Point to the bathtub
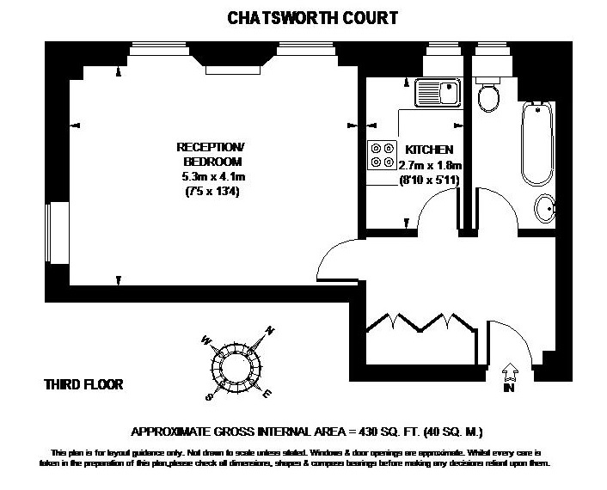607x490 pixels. [536, 141]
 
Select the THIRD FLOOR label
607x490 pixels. [83, 384]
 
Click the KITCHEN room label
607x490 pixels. [429, 150]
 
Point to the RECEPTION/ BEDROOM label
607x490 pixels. [210, 154]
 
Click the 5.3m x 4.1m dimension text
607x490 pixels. [210, 177]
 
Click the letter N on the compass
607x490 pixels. [270, 330]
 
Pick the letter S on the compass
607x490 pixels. [206, 398]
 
